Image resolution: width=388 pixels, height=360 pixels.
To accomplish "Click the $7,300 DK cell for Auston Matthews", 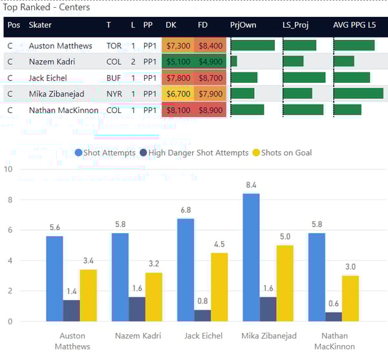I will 178,46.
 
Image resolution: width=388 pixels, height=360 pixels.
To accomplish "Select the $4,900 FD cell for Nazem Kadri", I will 210,61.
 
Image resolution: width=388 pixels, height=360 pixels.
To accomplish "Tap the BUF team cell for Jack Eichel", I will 114,78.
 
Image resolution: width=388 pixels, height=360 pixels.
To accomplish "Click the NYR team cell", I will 114,94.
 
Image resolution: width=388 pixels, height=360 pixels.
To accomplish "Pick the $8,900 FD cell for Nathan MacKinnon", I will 210,110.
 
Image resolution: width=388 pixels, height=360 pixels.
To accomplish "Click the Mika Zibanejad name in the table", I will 56,94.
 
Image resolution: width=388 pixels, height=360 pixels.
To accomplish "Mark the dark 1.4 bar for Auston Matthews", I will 71,311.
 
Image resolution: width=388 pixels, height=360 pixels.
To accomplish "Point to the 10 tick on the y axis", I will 8,169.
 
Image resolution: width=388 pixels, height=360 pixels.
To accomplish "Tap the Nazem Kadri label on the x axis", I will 136,336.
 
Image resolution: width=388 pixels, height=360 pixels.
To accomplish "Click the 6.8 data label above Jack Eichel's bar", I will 186,211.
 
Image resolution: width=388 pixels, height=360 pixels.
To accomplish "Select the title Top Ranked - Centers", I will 47,8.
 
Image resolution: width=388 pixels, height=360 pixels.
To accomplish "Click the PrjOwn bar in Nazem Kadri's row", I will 233,61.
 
